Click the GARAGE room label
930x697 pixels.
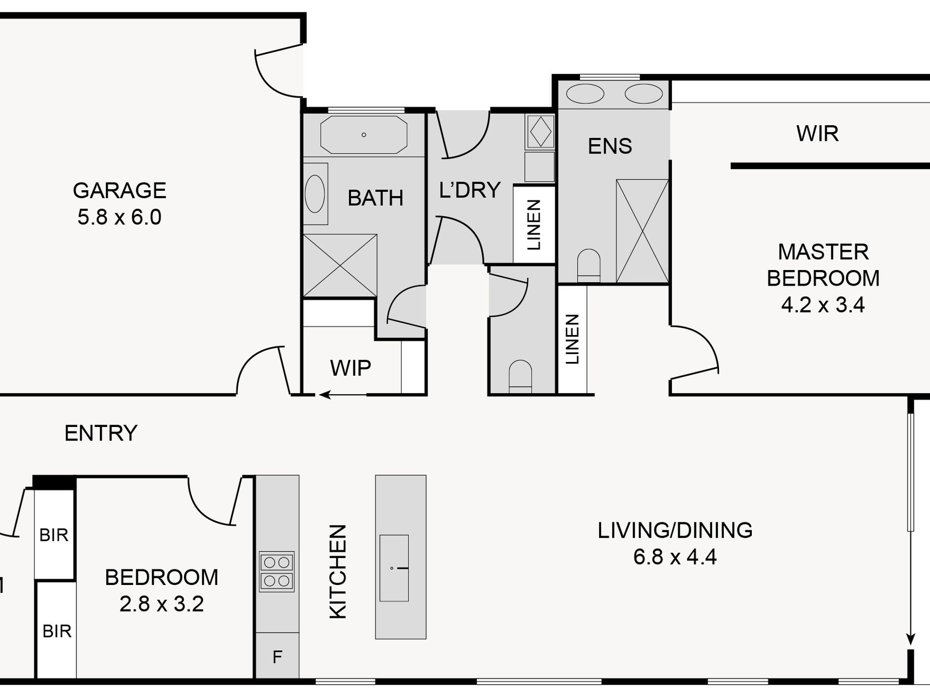[119, 191]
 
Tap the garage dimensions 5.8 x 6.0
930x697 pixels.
[119, 217]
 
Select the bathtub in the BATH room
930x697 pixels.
[364, 135]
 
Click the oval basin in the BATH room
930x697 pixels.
[315, 194]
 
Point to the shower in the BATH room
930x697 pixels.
[340, 266]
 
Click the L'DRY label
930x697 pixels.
[470, 190]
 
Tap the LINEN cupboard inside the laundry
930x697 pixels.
[534, 225]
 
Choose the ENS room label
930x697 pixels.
[610, 146]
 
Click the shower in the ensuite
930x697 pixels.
[642, 231]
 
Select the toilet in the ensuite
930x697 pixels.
[589, 266]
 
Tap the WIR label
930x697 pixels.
[817, 134]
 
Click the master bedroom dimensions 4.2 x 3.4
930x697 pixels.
[823, 305]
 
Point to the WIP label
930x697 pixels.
[350, 368]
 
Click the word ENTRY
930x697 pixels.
[101, 433]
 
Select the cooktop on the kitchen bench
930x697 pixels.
[277, 572]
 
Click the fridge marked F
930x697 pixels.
[277, 656]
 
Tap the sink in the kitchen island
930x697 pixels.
[394, 568]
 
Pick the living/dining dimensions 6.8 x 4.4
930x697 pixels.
[675, 557]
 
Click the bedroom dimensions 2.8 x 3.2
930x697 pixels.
[162, 604]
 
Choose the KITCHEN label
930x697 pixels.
[338, 572]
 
